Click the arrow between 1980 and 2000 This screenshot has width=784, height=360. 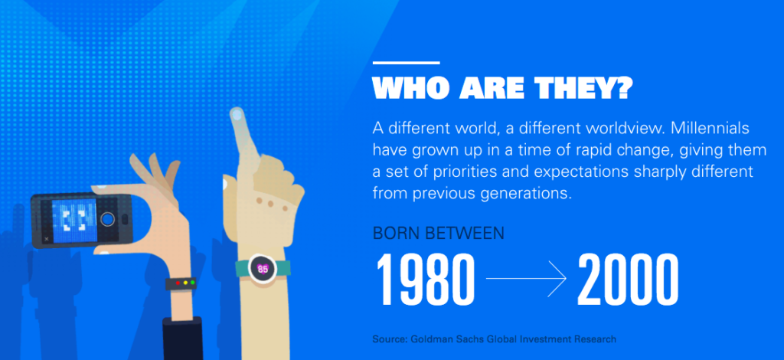tap(525, 279)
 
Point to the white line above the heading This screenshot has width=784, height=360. tap(406, 63)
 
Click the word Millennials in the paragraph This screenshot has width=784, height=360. tap(710, 128)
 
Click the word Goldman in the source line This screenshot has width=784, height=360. tap(428, 339)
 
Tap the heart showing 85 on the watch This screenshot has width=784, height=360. tap(263, 269)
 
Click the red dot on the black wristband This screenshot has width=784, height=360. tap(178, 283)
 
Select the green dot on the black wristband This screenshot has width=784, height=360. tap(192, 283)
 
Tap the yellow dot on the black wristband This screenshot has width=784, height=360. tap(185, 283)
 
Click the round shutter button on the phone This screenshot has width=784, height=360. tap(108, 219)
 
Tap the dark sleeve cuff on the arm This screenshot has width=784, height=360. tap(183, 339)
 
